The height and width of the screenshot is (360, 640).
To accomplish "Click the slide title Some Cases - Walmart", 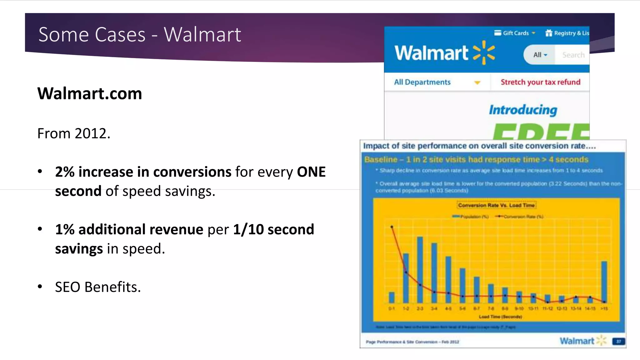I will click(x=139, y=34).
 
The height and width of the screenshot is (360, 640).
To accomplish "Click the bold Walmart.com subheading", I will click(x=90, y=93).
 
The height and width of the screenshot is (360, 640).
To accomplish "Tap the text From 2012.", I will click(x=74, y=133).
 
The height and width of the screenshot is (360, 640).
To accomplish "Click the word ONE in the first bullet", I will click(x=311, y=172).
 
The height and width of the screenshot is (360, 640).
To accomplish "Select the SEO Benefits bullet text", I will click(x=98, y=287).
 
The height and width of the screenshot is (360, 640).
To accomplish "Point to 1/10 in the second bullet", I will click(x=248, y=229).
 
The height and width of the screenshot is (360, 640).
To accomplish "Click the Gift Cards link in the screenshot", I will click(x=515, y=33).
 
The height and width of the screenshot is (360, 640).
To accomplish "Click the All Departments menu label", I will click(x=422, y=82).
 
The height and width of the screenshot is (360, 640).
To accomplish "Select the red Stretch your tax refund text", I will click(x=540, y=82).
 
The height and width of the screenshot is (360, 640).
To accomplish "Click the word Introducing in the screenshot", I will click(x=523, y=110).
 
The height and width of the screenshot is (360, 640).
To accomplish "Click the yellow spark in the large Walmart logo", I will click(x=484, y=52).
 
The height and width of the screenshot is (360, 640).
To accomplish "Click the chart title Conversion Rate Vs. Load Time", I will click(x=496, y=205).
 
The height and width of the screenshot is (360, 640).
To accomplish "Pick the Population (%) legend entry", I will click(x=471, y=217).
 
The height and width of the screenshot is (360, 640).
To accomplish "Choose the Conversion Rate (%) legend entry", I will click(x=519, y=217).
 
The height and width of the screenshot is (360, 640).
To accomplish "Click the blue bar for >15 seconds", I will click(x=604, y=281).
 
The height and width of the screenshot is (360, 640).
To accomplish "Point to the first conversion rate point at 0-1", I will click(x=392, y=227).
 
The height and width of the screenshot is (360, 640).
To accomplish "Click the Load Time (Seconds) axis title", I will click(x=500, y=317).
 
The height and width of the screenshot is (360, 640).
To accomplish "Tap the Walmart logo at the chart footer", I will click(x=582, y=341).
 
